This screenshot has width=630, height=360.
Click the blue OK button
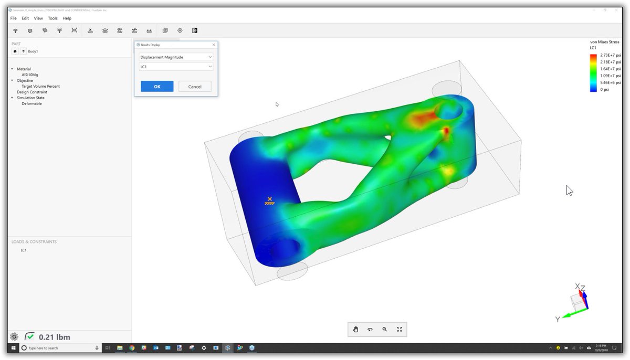(x=157, y=87)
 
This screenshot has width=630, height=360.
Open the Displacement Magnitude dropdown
(x=176, y=57)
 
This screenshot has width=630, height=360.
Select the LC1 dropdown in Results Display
(x=176, y=67)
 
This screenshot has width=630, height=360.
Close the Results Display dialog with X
(x=213, y=45)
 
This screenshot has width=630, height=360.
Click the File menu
(x=14, y=18)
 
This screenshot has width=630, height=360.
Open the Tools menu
(x=52, y=18)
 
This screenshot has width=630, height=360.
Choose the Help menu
(x=67, y=18)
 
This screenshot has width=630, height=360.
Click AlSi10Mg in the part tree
(x=29, y=75)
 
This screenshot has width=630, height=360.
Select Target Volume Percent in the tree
(x=40, y=86)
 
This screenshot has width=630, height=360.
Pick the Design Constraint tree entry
(x=32, y=92)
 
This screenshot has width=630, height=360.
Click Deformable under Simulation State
(x=31, y=103)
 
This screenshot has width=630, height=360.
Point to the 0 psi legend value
(x=605, y=89)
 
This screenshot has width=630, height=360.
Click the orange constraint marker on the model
(x=269, y=200)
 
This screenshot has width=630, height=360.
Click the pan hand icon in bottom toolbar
(x=355, y=329)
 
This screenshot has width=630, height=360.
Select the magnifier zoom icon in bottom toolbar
(x=385, y=329)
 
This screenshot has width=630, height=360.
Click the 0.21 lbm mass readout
(x=54, y=337)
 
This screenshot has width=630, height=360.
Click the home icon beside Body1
(x=15, y=51)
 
